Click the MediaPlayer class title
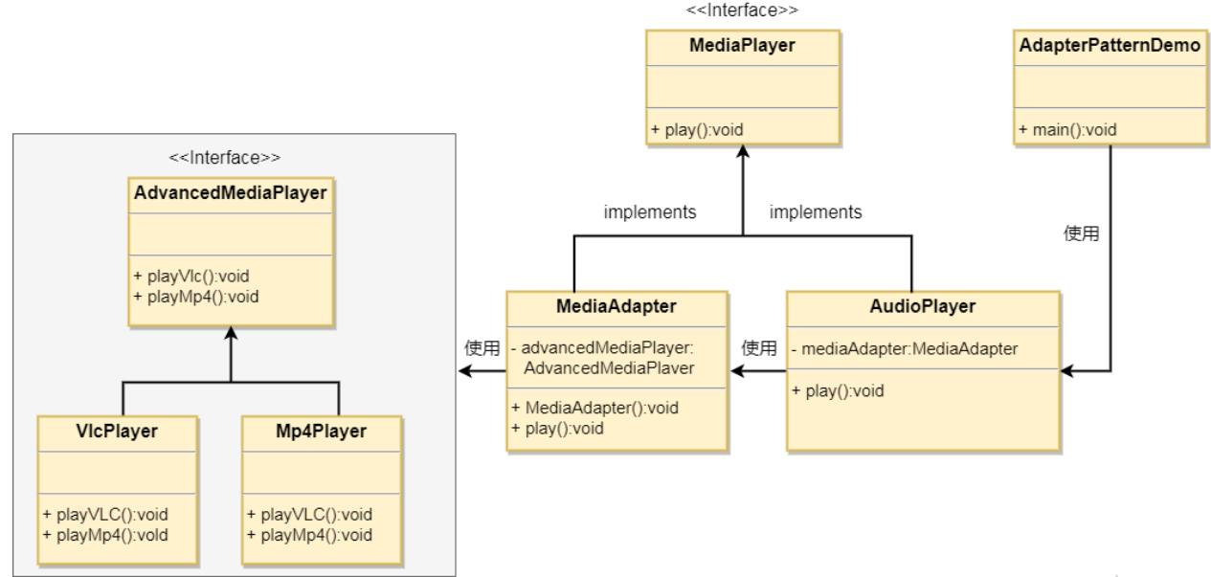click(x=742, y=46)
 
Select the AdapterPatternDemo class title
click(x=1109, y=46)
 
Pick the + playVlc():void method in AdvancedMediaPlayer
click(x=191, y=276)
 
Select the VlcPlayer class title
click(x=117, y=432)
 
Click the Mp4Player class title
click(x=321, y=432)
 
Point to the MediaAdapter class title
click(x=616, y=307)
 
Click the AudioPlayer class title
click(x=922, y=307)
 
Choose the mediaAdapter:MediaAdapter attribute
click(x=905, y=348)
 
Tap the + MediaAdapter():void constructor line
click(x=595, y=408)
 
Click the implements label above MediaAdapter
click(x=649, y=212)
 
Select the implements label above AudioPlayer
click(x=815, y=212)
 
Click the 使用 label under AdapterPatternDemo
click(x=1081, y=233)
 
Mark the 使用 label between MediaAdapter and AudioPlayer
click(x=759, y=348)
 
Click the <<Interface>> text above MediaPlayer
click(x=742, y=10)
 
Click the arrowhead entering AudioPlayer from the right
click(x=1067, y=370)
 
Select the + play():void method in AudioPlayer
click(x=838, y=390)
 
